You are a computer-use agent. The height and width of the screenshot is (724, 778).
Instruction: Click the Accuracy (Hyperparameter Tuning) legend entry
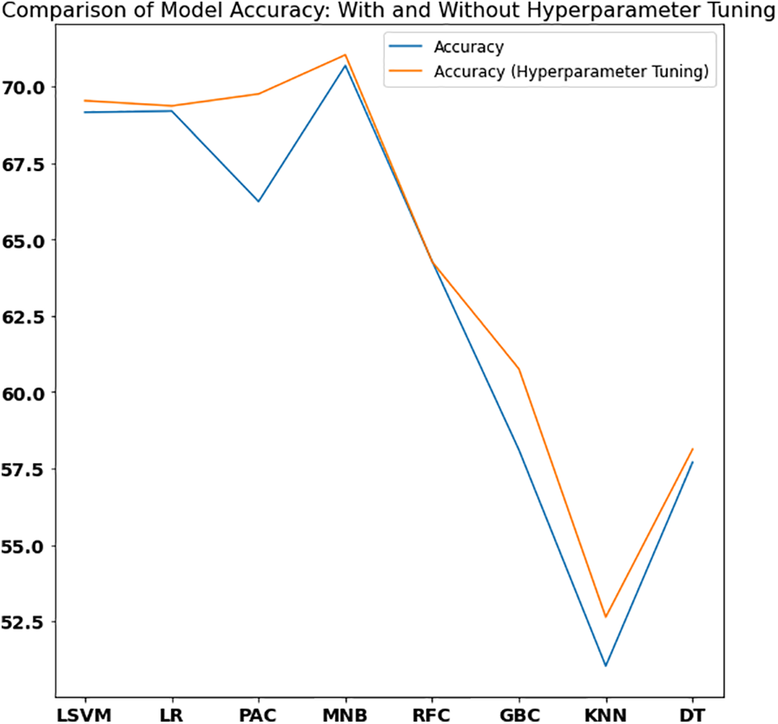pos(570,72)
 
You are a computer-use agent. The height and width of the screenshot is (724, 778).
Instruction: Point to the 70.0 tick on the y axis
pos(28,87)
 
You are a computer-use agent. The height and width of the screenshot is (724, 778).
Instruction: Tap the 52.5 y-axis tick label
pos(28,622)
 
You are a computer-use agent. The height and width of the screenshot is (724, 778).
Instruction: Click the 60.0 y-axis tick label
pos(28,393)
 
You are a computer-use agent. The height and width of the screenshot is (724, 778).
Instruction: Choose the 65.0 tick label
pos(28,241)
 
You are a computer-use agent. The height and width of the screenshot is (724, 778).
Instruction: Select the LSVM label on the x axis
pos(85,713)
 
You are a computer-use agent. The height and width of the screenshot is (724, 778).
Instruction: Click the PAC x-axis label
pos(258,713)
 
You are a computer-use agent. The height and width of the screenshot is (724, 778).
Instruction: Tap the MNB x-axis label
pos(345,713)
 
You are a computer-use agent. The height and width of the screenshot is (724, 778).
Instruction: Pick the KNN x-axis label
pos(605,713)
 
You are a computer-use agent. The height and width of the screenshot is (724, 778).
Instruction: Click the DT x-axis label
pos(693,713)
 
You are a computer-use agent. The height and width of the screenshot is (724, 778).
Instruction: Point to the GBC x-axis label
pos(519,713)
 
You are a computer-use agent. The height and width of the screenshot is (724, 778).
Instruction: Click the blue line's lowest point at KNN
pos(605,666)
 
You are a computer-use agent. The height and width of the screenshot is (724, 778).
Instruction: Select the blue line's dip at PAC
pos(258,201)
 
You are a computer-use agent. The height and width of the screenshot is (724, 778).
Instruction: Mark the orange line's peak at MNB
pos(345,55)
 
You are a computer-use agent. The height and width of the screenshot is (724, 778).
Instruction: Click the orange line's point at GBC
pos(519,369)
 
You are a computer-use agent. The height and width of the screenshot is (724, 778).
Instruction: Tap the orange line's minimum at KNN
pos(605,617)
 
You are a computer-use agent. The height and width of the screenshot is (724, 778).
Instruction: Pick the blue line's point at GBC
pos(519,451)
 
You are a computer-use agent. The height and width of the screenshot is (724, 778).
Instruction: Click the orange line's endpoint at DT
pos(693,449)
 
